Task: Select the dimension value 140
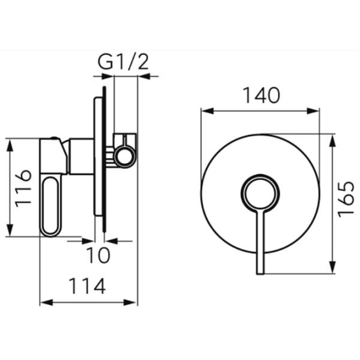click(x=261, y=95)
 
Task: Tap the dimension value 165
click(x=347, y=199)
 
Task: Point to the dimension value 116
click(x=23, y=188)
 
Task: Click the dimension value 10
click(x=98, y=254)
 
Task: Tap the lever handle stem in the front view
click(x=260, y=243)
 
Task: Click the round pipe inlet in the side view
click(x=125, y=157)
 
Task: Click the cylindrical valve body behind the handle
click(x=80, y=157)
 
